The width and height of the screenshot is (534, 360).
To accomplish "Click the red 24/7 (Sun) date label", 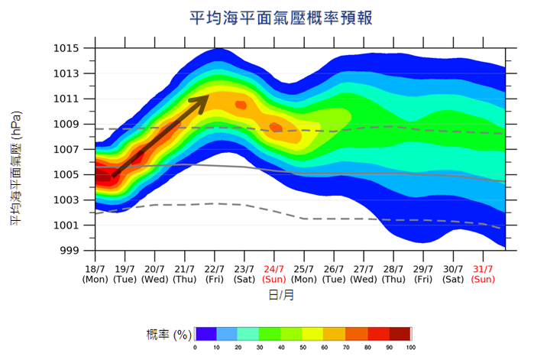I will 273,274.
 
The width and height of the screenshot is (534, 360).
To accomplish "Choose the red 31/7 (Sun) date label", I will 483,274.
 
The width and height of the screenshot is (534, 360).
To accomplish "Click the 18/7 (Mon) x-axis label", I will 95,274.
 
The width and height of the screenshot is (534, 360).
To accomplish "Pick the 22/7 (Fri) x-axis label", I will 214,274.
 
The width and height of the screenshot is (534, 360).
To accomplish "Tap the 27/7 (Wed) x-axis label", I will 364,274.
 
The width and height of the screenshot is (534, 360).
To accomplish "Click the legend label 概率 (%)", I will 169,335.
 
